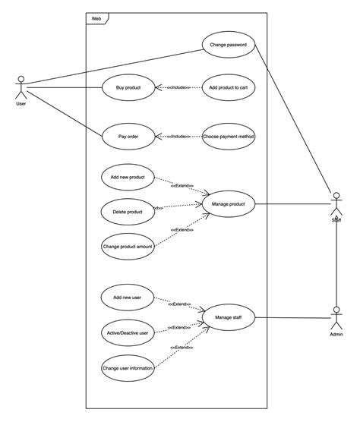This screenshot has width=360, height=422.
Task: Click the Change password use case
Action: click(228, 45)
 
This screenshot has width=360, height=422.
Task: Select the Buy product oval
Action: click(128, 87)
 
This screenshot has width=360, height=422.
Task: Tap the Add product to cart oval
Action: click(229, 87)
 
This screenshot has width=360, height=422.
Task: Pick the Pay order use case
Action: click(128, 137)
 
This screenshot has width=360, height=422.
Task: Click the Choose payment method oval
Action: click(229, 137)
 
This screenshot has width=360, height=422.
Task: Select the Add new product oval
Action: click(128, 177)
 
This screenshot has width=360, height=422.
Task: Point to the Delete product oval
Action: click(128, 212)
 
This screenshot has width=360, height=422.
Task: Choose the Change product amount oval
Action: click(128, 246)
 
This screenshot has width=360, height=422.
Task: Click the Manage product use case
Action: click(229, 203)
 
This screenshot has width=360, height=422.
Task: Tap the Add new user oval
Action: click(128, 297)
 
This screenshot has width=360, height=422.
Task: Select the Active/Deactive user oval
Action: click(128, 332)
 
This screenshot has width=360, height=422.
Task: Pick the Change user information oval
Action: click(128, 369)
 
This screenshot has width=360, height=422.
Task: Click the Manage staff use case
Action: click(229, 317)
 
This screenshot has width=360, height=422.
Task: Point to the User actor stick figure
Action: click(21, 87)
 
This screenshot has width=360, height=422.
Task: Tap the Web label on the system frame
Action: click(96, 17)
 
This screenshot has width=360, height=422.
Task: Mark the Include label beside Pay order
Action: click(178, 137)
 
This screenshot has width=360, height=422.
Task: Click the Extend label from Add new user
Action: click(180, 304)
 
